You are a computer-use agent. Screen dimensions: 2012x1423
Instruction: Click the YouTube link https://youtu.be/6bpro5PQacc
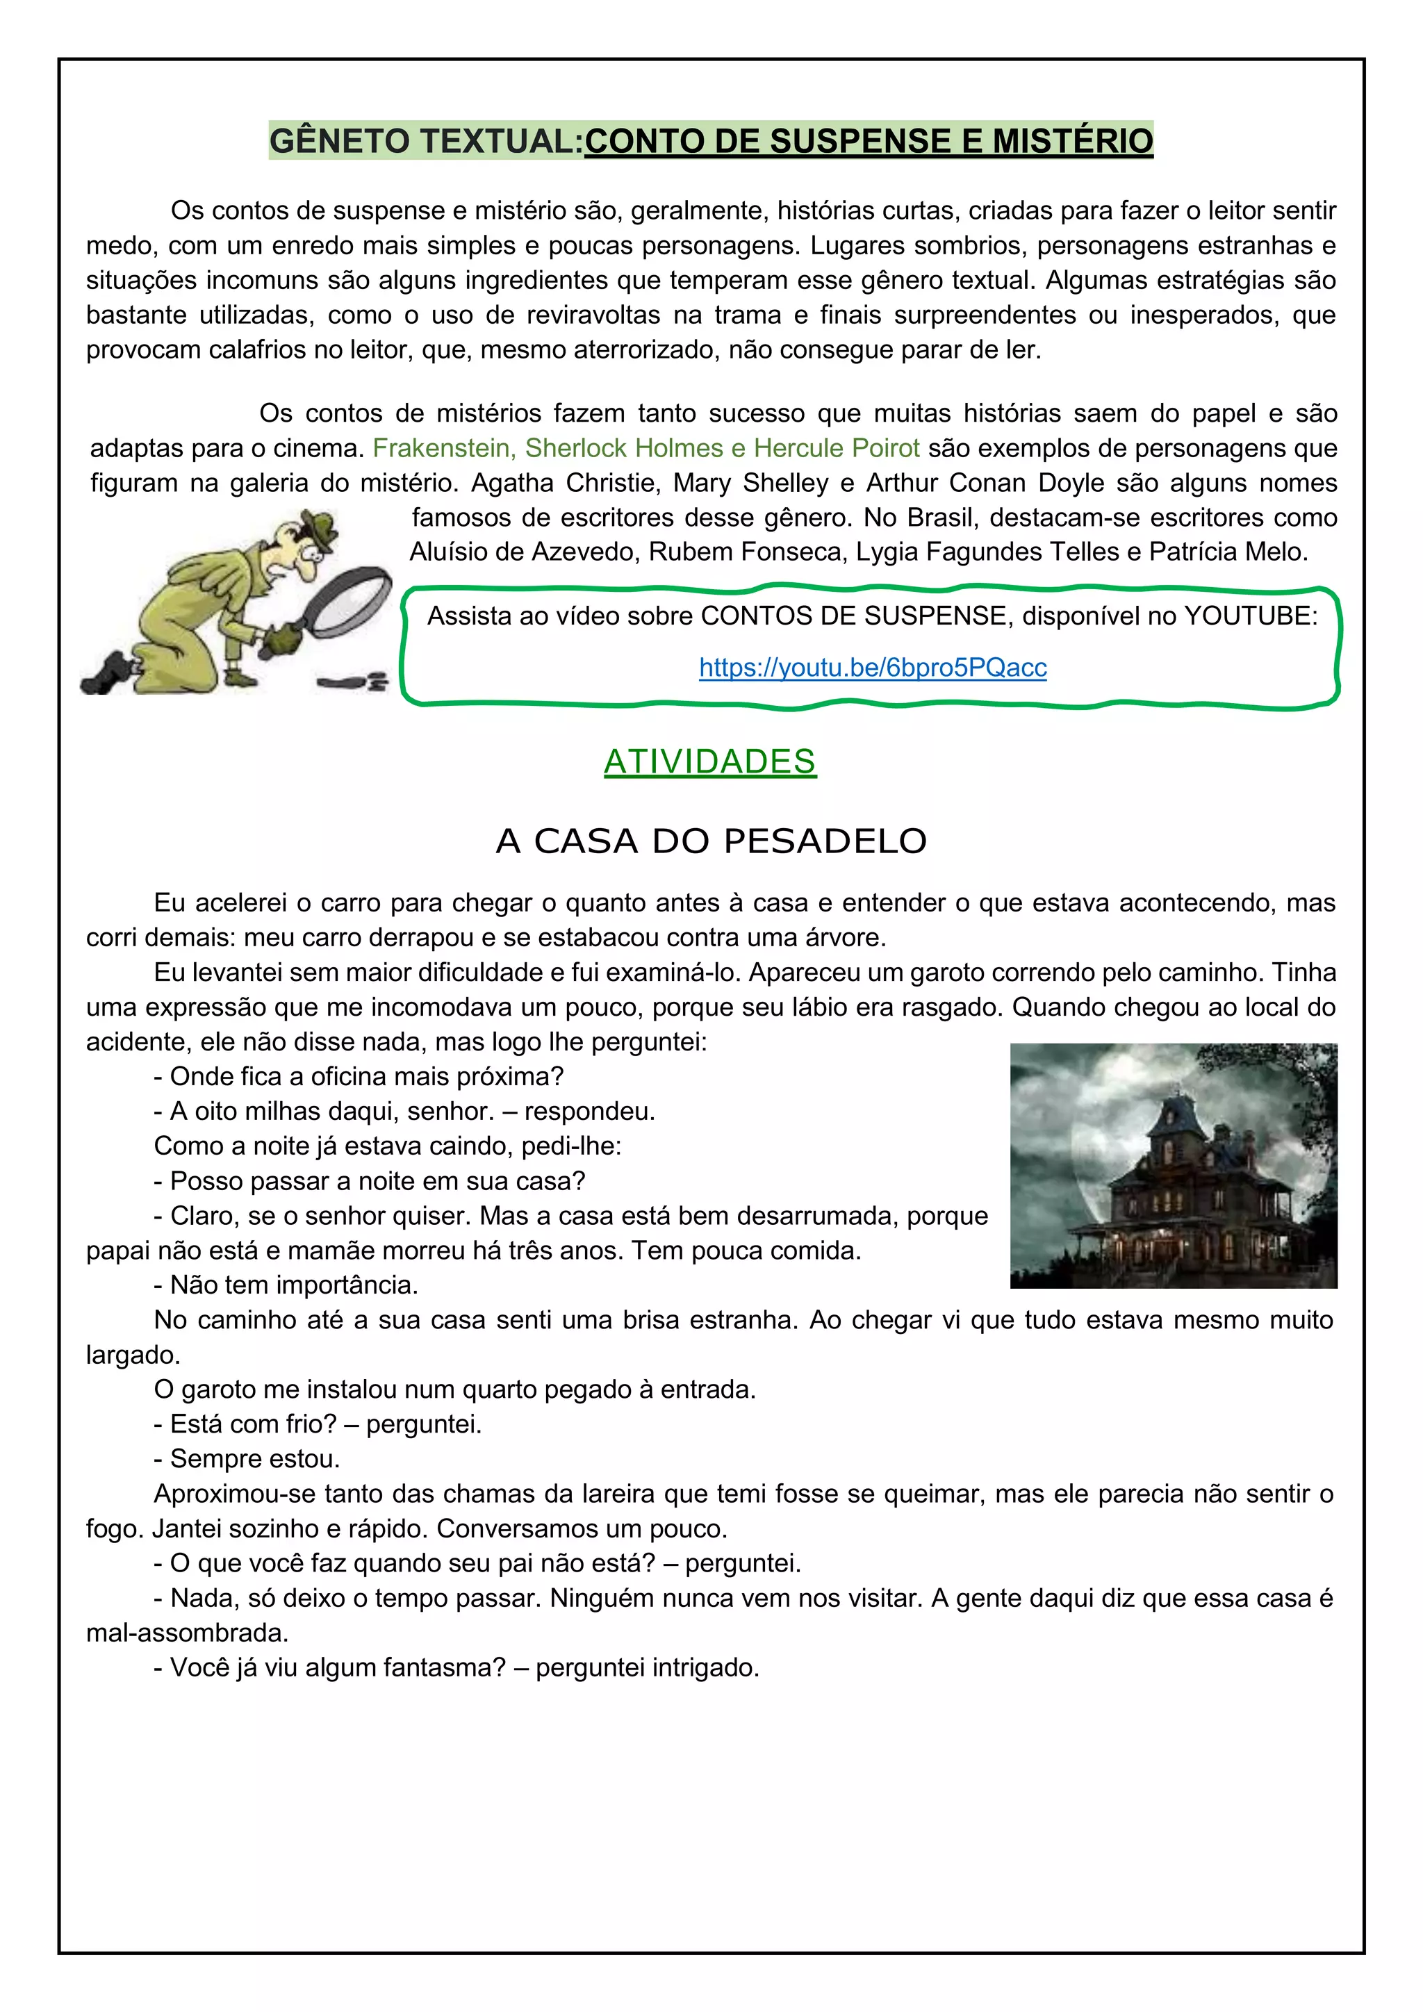pos(872,668)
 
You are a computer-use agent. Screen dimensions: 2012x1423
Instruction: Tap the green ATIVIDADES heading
pos(709,761)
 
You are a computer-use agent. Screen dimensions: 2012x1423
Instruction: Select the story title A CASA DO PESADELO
pos(711,841)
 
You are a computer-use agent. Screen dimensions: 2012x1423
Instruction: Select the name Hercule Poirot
pos(836,448)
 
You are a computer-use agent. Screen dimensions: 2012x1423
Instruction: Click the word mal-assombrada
pos(187,1633)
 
